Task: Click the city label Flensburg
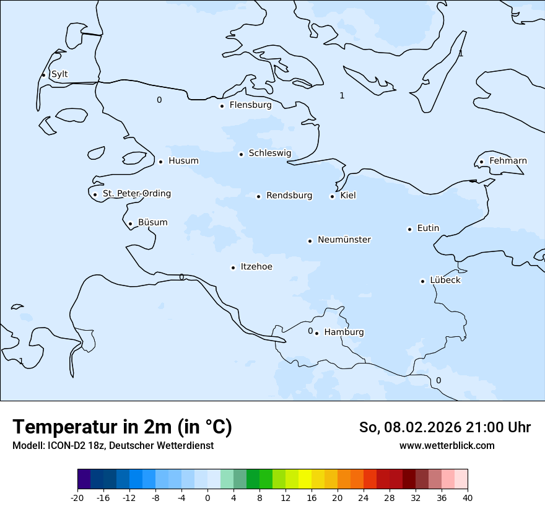pos(250,105)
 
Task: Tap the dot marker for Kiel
pos(332,196)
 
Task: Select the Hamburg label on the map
pos(344,332)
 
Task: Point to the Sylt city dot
pos(43,75)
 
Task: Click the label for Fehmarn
pos(508,161)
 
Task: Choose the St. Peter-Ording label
pos(136,194)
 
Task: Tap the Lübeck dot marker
pos(423,281)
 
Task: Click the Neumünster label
pos(344,240)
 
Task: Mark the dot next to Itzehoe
pos(233,268)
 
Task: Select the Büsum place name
pos(152,222)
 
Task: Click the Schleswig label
pos(269,153)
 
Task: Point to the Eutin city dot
pos(409,229)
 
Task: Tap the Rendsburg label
pos(289,196)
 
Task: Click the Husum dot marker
pos(160,162)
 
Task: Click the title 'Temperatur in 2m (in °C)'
pos(122,427)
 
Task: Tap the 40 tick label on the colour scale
pos(467,497)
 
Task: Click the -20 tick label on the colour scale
pos(77,497)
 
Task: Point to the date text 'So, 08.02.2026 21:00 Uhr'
pos(445,427)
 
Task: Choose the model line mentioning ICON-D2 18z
pos(113,445)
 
